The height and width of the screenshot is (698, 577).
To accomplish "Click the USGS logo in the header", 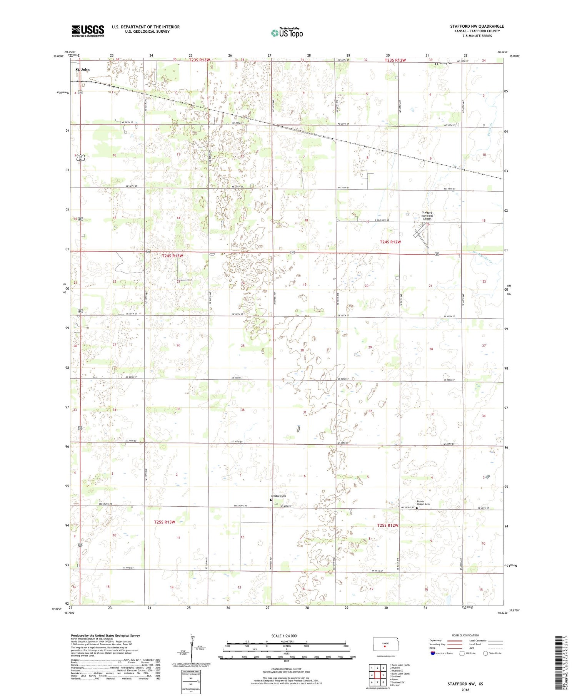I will [x=88, y=31].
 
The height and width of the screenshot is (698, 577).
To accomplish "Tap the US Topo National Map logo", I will [x=287, y=33].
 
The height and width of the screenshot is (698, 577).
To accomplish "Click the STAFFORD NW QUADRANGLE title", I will [x=477, y=26].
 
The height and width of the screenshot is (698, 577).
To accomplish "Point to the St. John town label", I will [x=82, y=70].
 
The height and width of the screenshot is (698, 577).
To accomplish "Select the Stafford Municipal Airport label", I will [x=427, y=216].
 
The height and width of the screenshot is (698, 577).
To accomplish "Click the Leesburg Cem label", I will [x=278, y=496].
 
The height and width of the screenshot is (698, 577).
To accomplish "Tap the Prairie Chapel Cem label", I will [x=423, y=502].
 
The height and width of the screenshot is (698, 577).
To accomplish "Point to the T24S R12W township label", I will [x=390, y=242].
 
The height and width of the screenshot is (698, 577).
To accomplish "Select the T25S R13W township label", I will [x=164, y=522].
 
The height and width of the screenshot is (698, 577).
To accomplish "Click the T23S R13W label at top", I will [x=200, y=60].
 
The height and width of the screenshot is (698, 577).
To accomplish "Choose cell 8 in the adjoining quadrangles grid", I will [x=383, y=682].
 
